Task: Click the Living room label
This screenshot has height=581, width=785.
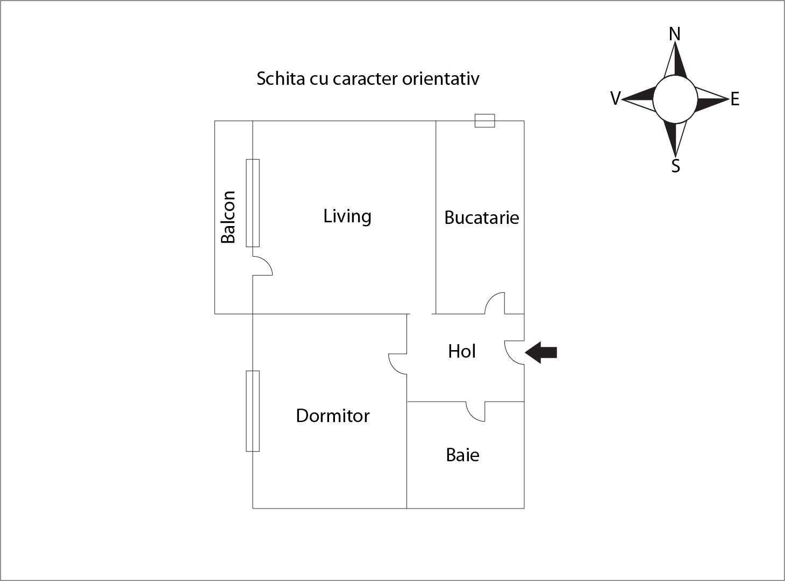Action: click(347, 216)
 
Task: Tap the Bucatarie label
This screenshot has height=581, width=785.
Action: click(482, 217)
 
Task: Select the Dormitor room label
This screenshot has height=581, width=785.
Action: click(333, 416)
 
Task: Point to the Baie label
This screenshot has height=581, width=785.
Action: click(462, 455)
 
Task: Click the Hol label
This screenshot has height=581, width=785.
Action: click(462, 351)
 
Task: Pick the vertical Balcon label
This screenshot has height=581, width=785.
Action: click(228, 217)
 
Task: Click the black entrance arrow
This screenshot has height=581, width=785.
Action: click(541, 353)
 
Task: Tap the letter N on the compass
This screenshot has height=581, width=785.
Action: click(675, 34)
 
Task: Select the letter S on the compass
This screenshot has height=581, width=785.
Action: click(676, 166)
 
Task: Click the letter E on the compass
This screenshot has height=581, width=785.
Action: click(735, 99)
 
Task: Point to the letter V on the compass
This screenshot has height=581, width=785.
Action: click(616, 99)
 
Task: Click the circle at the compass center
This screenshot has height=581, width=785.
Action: click(675, 99)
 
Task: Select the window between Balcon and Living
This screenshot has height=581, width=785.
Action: click(253, 203)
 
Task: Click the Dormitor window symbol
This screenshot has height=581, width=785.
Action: click(253, 411)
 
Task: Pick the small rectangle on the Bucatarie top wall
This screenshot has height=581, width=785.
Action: click(484, 121)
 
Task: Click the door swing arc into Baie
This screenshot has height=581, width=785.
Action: click(475, 411)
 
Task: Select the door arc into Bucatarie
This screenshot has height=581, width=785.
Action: click(495, 303)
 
